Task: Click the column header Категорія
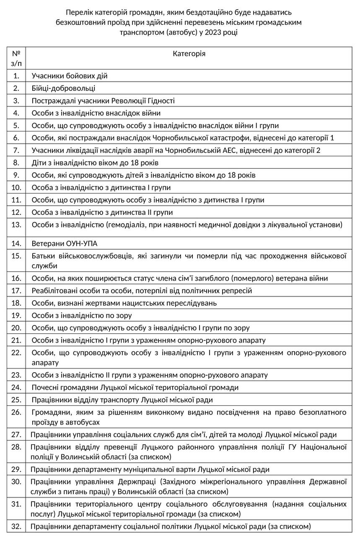189,54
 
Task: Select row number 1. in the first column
16,76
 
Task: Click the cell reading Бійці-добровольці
63,88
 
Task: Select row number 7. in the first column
16,150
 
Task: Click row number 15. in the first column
16,255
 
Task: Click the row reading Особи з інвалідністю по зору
82,315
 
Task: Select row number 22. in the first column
16,353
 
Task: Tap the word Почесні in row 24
45,387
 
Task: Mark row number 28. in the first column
16,447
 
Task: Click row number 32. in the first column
16,526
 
